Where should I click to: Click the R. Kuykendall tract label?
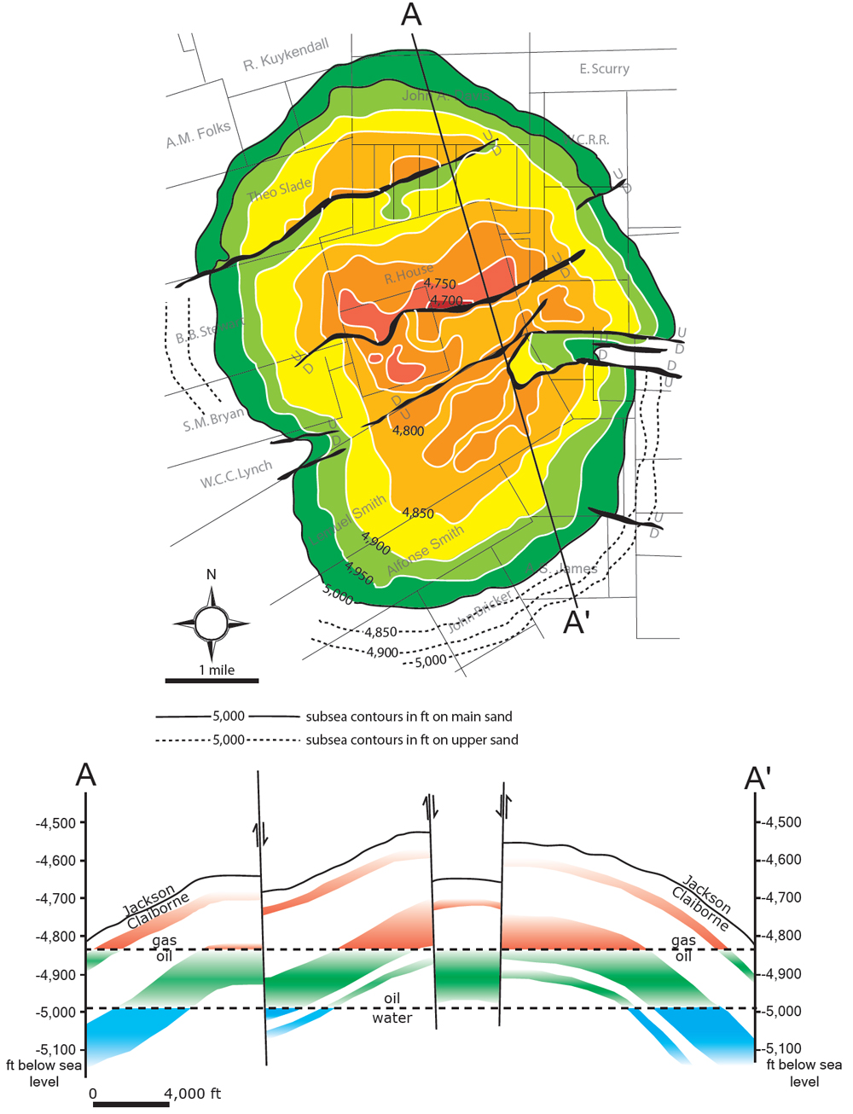point(286,55)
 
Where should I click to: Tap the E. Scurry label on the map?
point(604,68)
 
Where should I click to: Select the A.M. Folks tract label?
point(198,135)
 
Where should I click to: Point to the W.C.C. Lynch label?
point(236,474)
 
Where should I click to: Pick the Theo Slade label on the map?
point(279,189)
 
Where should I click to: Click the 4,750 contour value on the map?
point(439,283)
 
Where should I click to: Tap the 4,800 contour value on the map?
point(408,431)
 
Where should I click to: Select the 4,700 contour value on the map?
point(446,300)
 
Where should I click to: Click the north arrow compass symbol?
point(211,624)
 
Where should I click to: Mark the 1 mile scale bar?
point(212,680)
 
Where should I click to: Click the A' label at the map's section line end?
point(577,624)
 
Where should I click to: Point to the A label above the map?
point(411,15)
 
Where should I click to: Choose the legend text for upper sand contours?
point(412,740)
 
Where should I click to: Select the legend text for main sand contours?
point(409,717)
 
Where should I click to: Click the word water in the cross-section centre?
point(392,1018)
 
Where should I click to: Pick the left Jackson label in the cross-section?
point(149,899)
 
